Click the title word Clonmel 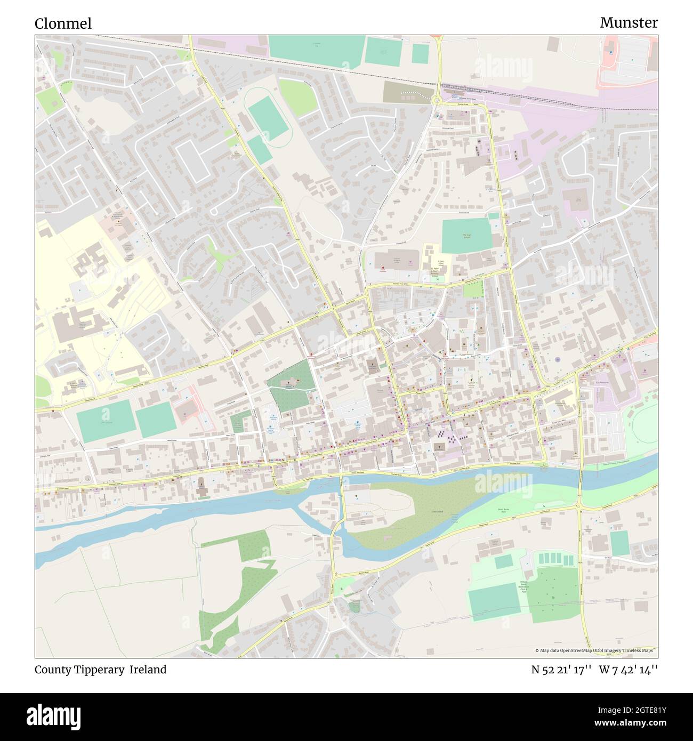[63, 23]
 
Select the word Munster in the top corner [628, 22]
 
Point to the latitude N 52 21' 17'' [561, 670]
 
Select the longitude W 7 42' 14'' [628, 670]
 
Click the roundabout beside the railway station [438, 100]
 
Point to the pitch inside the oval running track [267, 118]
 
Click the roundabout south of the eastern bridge [579, 507]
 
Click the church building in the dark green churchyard [292, 383]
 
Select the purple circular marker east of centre [558, 360]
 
